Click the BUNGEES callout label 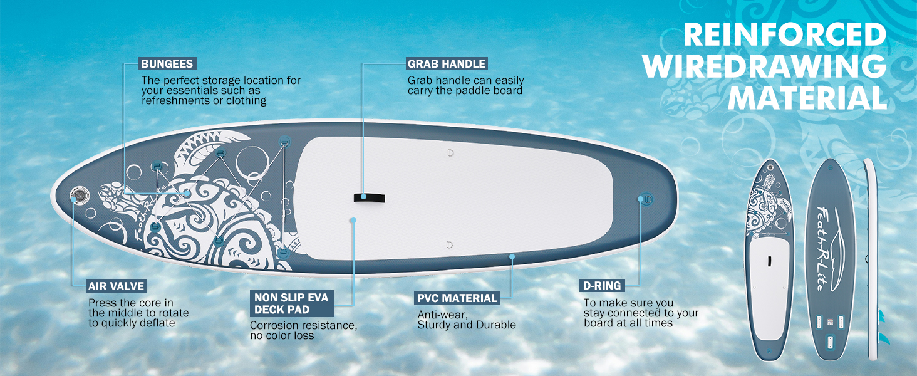167,64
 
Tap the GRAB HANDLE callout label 447,64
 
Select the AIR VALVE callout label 117,286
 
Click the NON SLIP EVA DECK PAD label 291,303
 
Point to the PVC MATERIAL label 457,298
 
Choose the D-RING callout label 602,286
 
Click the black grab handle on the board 369,198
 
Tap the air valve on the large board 80,194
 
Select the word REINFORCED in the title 784,35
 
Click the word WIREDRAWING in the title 765,67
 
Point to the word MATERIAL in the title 807,99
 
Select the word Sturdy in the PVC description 435,325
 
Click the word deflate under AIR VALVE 157,323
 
